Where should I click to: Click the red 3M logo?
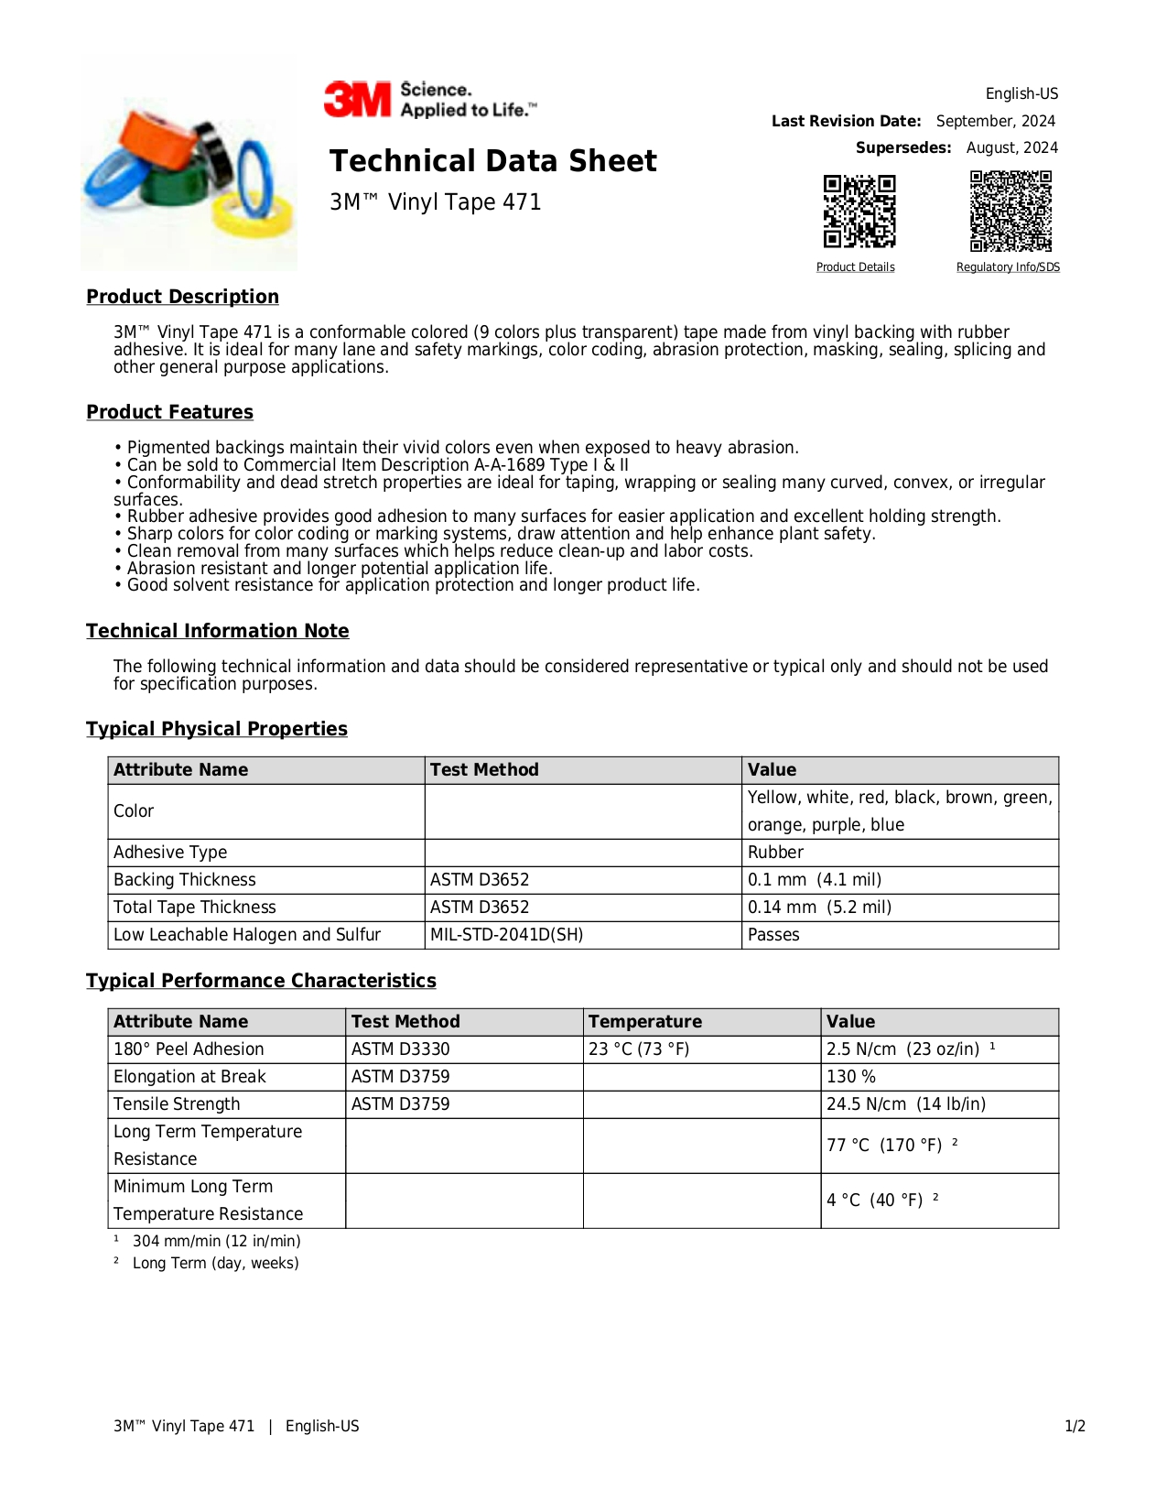(357, 99)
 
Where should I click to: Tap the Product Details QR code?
(859, 212)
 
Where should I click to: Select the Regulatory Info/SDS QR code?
(1010, 211)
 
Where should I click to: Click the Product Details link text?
(855, 267)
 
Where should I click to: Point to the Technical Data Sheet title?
(492, 161)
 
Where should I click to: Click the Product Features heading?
(169, 412)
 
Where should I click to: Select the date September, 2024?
(995, 121)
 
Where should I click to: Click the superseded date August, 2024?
(1011, 147)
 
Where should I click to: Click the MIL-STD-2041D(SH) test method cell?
(506, 935)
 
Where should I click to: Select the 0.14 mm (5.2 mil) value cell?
(819, 908)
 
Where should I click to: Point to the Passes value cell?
(773, 935)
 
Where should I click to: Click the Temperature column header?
(644, 1022)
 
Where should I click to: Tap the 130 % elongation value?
(851, 1077)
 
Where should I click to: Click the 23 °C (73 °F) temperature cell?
(639, 1049)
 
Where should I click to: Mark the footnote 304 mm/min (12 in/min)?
(216, 1242)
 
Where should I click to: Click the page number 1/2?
(1075, 1427)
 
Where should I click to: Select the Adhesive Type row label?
(170, 853)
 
